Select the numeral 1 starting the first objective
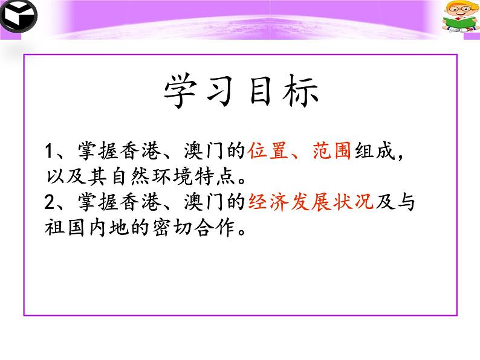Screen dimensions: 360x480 [x=50, y=151]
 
